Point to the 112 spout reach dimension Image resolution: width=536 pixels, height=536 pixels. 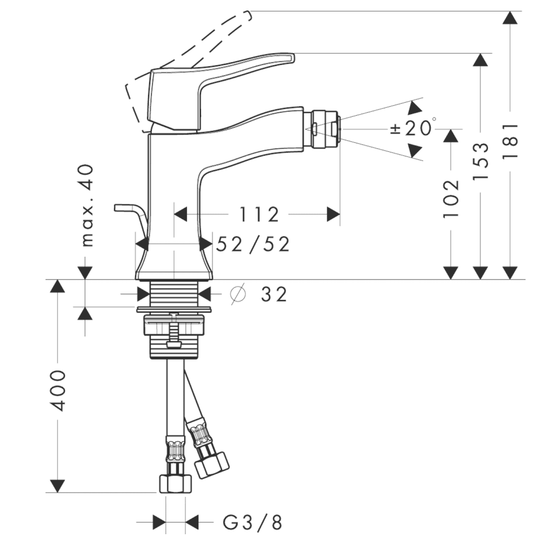click(x=259, y=214)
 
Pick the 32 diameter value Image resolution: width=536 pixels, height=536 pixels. click(x=274, y=295)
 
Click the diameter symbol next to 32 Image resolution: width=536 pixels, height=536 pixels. click(x=238, y=295)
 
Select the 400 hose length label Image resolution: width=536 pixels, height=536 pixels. click(x=58, y=390)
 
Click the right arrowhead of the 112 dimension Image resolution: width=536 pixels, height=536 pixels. click(x=333, y=214)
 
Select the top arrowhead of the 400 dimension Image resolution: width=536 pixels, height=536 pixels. click(x=58, y=286)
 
